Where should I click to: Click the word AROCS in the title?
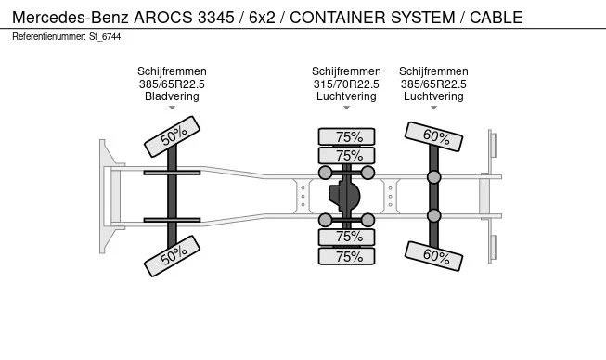click(162, 18)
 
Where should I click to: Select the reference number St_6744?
click(105, 37)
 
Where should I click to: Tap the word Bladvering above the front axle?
click(172, 96)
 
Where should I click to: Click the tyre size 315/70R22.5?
click(346, 84)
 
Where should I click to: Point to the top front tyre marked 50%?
click(172, 136)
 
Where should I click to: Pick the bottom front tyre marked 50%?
click(172, 256)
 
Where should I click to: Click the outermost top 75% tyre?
click(347, 136)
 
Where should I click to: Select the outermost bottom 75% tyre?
click(347, 256)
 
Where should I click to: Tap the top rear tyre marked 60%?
click(433, 136)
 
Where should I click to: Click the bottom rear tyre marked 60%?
click(433, 256)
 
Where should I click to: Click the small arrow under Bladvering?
click(172, 108)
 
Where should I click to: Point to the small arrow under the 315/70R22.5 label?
click(346, 108)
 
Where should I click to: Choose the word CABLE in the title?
click(496, 18)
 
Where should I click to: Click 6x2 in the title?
click(262, 18)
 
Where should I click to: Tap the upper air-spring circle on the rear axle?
click(434, 177)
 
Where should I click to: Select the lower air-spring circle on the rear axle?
click(434, 216)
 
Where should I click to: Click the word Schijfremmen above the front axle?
click(172, 71)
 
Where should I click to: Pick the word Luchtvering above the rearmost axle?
click(433, 96)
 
